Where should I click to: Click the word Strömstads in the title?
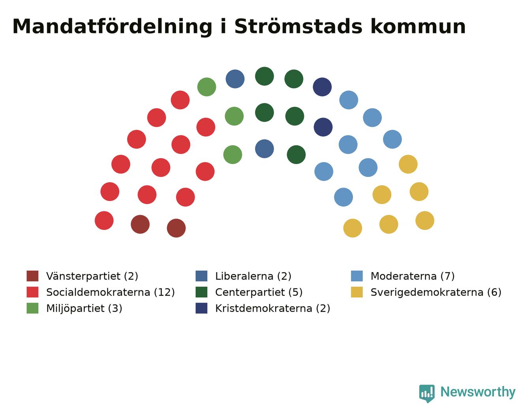pos(298,26)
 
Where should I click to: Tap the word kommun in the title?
pos(418,26)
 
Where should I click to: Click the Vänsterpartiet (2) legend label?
pos(92,276)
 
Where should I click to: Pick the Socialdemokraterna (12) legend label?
pos(111,292)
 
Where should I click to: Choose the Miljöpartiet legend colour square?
pos(32,308)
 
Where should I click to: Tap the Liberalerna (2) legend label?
pos(253,276)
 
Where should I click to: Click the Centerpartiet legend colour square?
pos(201,292)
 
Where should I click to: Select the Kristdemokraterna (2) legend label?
pos(273,308)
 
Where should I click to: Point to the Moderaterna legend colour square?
pos(356,276)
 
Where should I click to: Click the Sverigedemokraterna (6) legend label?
pos(436,292)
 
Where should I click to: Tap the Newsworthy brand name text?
pos(478,392)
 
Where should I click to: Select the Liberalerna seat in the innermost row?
pos(264,149)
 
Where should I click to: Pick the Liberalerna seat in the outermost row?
pos(235,79)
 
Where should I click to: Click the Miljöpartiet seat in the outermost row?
pos(206,87)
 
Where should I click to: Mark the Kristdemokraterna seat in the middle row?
pos(323,127)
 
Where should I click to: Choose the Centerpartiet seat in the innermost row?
pos(296,155)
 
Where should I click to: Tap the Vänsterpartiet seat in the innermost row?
pos(176,228)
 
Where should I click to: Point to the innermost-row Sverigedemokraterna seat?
pos(353,228)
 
